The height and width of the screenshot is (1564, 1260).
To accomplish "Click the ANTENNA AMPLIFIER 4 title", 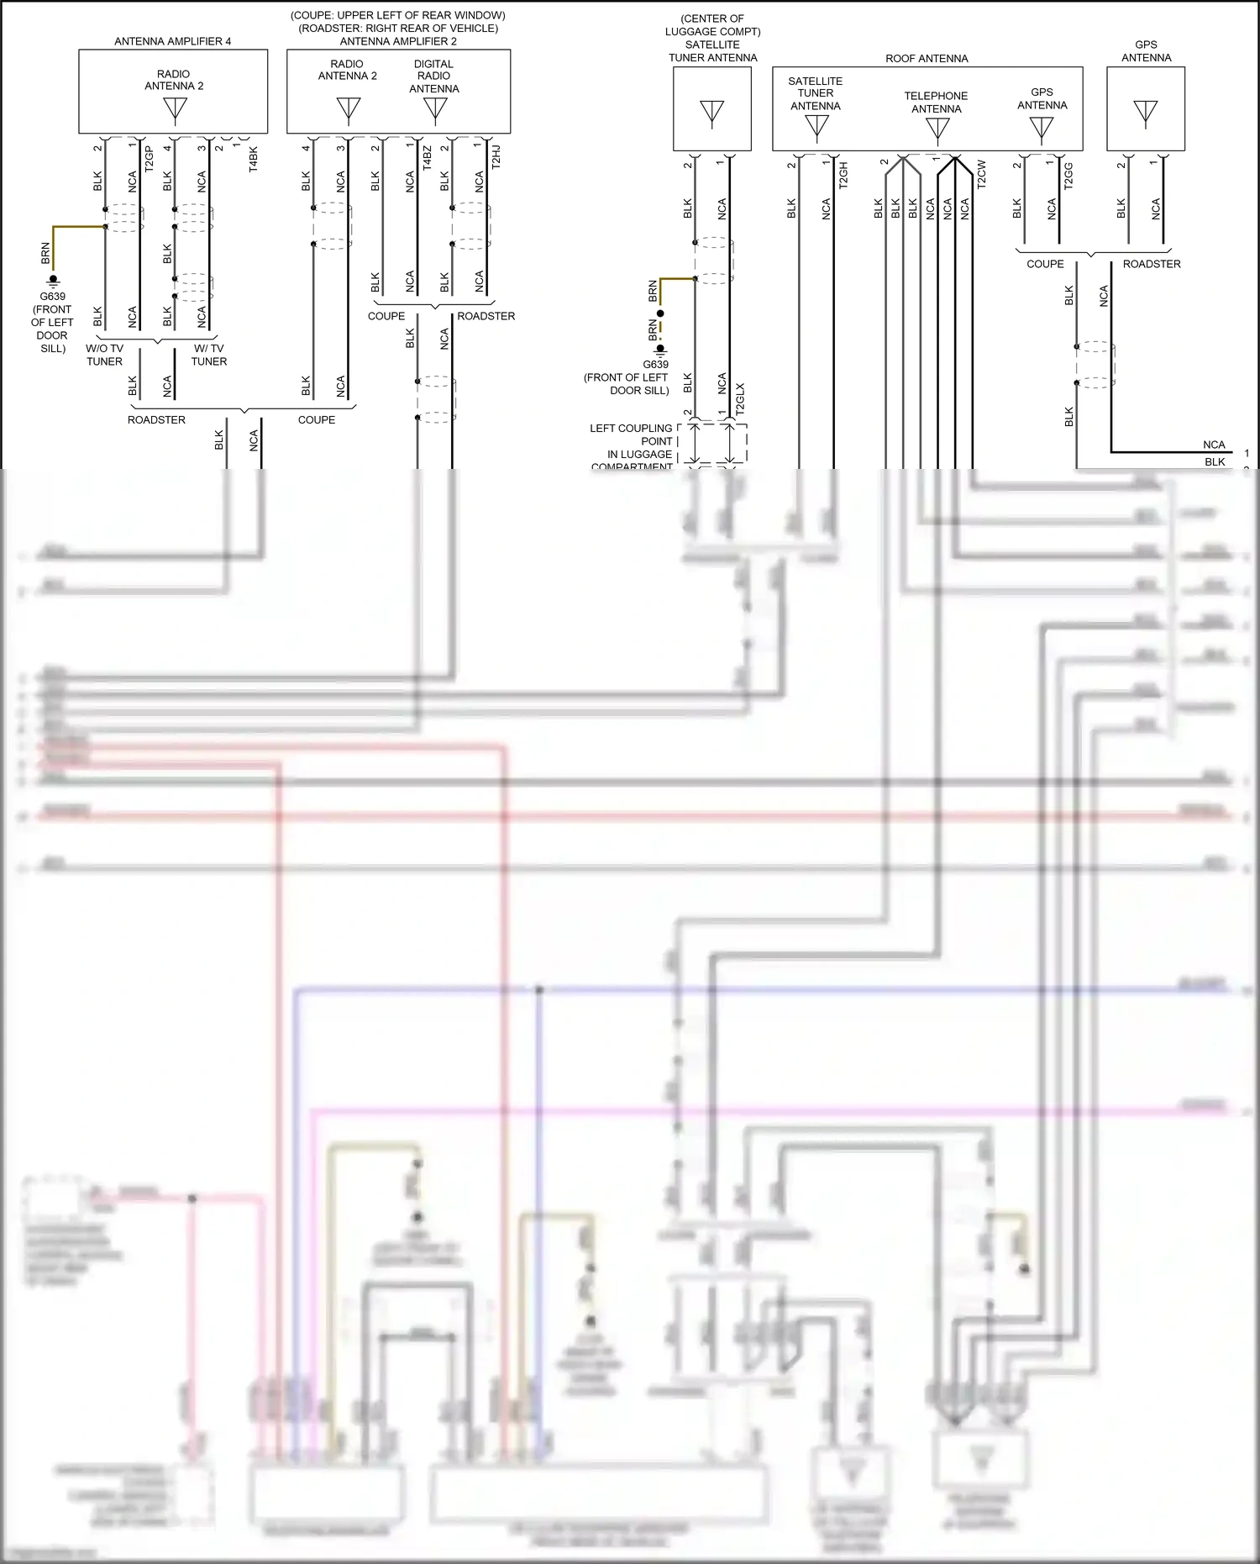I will (172, 41).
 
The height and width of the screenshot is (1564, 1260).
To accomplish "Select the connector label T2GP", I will (149, 160).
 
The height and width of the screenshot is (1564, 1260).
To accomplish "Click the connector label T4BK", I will (253, 160).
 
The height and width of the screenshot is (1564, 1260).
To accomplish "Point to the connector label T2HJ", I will (496, 157).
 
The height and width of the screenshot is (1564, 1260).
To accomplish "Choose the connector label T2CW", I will (981, 174).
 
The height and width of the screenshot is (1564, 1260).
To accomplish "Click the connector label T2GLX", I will (739, 399).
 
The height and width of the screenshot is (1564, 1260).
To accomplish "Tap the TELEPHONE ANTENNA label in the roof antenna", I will (936, 103).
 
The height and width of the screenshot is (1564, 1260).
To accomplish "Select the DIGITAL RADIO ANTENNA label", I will (434, 76).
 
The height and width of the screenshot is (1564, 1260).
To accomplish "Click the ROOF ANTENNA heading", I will (927, 59).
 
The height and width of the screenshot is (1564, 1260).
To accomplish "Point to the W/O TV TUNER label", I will (104, 355).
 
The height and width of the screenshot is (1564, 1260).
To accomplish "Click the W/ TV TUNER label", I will (208, 355).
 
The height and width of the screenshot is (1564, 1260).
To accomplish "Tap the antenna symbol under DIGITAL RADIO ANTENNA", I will (434, 108).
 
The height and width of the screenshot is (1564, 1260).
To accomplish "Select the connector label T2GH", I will (843, 174).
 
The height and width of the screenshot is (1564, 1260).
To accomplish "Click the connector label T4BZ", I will (427, 157).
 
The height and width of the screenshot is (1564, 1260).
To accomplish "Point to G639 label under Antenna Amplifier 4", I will (52, 297).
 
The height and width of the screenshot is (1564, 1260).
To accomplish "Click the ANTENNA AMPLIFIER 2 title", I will (398, 41).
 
